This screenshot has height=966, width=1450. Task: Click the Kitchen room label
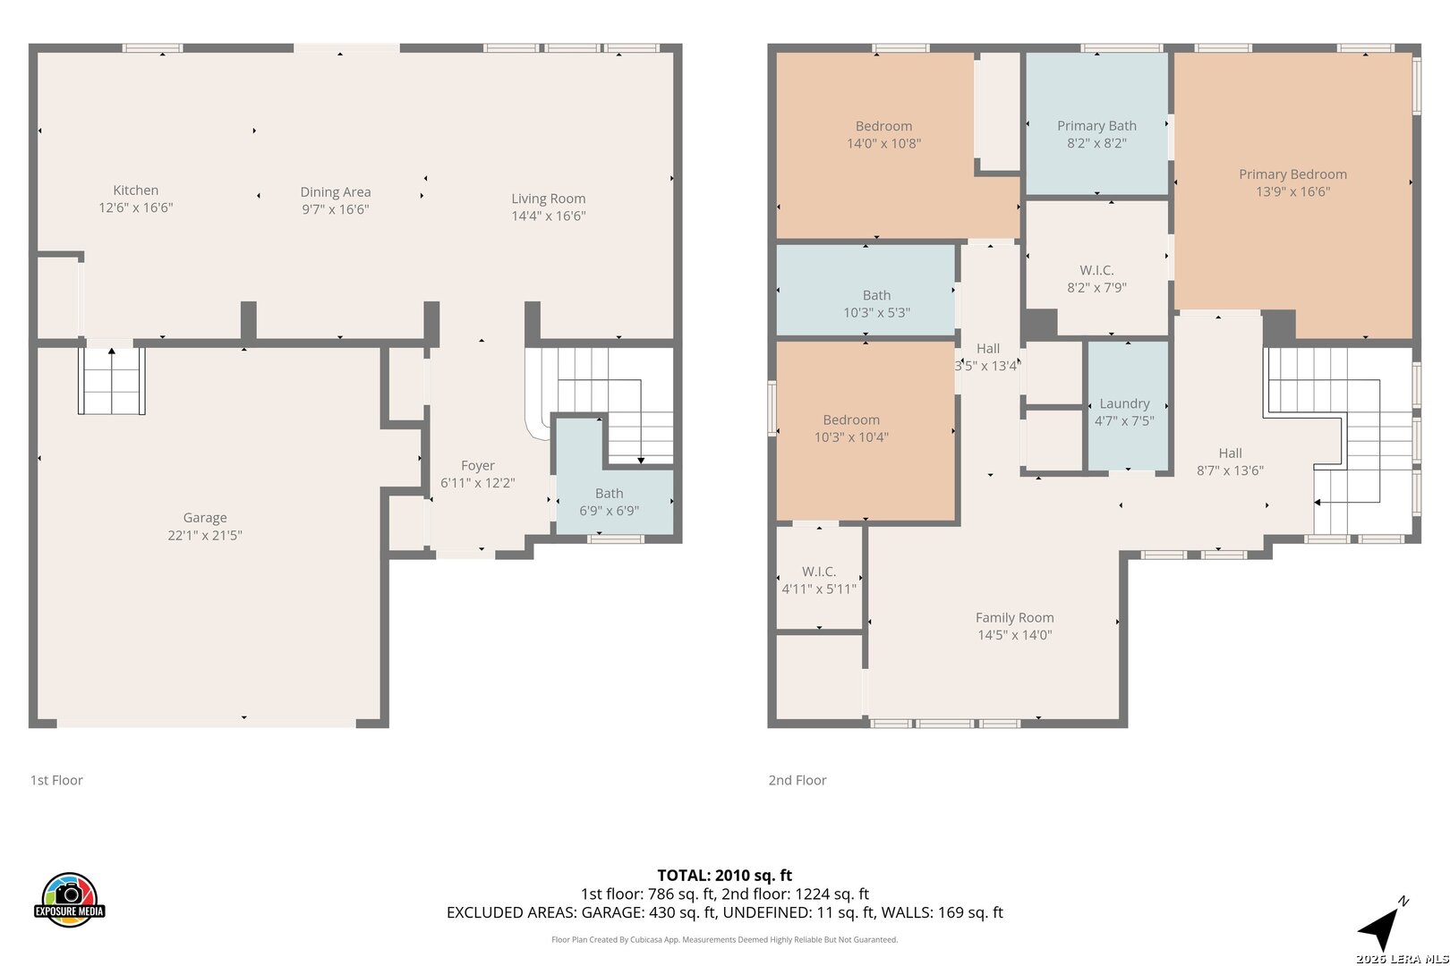pyautogui.click(x=135, y=191)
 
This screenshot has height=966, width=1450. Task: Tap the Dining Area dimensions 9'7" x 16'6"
pyautogui.click(x=336, y=209)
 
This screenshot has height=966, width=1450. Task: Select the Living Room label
pyautogui.click(x=549, y=199)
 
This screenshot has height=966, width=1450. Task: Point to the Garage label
pyautogui.click(x=205, y=518)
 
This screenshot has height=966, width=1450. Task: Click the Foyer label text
pyautogui.click(x=478, y=465)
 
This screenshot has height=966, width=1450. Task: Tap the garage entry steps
pyautogui.click(x=111, y=381)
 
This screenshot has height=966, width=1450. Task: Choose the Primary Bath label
pyautogui.click(x=1096, y=125)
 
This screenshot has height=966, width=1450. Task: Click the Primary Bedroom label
pyautogui.click(x=1292, y=174)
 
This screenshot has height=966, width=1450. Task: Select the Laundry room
pyautogui.click(x=1128, y=406)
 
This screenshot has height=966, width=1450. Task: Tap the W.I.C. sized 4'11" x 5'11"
pyautogui.click(x=819, y=577)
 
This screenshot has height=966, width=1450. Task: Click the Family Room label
pyautogui.click(x=1014, y=618)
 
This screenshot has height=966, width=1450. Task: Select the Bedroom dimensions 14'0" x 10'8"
pyautogui.click(x=883, y=143)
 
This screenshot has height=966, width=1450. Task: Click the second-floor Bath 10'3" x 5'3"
pyautogui.click(x=866, y=290)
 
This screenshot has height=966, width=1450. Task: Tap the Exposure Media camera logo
pyautogui.click(x=69, y=900)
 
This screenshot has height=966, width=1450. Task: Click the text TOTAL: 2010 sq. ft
pyautogui.click(x=724, y=876)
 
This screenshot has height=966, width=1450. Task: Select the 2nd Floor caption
pyautogui.click(x=797, y=780)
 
